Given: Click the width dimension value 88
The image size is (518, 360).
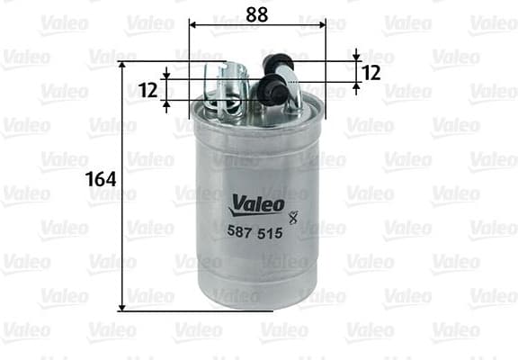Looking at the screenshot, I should coord(257,13).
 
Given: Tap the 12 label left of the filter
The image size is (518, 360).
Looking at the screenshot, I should coord(149,90).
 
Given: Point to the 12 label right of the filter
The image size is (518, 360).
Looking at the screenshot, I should coord(371,70).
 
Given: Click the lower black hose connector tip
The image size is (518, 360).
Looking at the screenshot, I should coord(267,90).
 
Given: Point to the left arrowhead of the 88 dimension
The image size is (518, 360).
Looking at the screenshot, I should coord(193,26).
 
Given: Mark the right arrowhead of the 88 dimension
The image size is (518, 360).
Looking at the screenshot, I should coord(321,26).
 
